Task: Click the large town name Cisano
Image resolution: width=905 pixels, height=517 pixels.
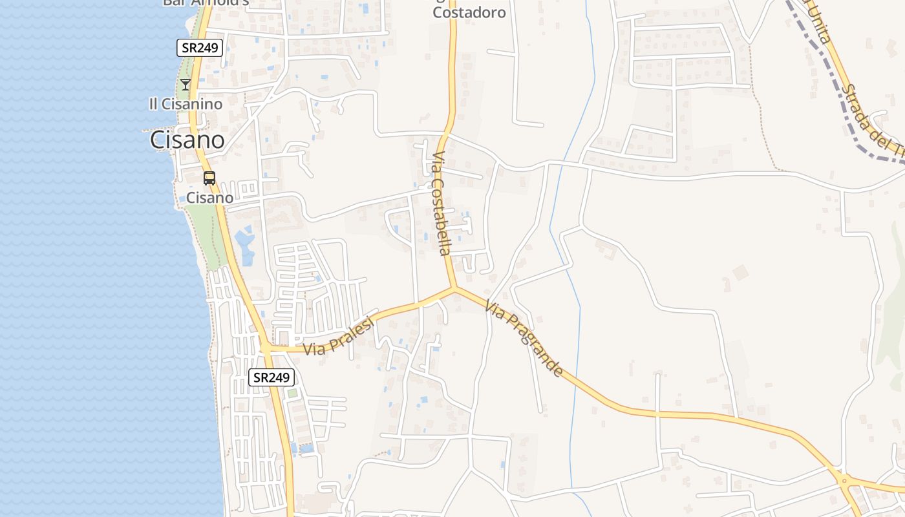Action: pyautogui.click(x=187, y=140)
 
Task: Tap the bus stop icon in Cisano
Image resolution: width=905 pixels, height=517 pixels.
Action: pyautogui.click(x=209, y=178)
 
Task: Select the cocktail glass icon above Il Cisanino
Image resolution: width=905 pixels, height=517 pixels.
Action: pyautogui.click(x=186, y=84)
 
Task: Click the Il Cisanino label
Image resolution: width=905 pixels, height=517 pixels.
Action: pyautogui.click(x=186, y=104)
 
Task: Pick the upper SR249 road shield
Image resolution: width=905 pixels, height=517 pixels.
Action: pyautogui.click(x=200, y=47)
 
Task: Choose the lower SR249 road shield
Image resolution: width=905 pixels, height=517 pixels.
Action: pyautogui.click(x=271, y=377)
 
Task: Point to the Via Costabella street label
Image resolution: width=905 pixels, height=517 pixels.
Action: pyautogui.click(x=442, y=204)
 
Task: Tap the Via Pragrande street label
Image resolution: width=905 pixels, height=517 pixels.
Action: pyautogui.click(x=524, y=340)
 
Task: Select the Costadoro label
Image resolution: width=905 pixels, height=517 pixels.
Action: pyautogui.click(x=469, y=12)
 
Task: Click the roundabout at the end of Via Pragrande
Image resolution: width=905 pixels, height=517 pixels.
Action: pyautogui.click(x=843, y=480)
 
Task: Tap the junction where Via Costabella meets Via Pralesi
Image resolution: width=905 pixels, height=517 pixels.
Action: pyautogui.click(x=454, y=288)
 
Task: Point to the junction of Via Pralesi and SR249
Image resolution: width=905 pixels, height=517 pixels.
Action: pyautogui.click(x=266, y=349)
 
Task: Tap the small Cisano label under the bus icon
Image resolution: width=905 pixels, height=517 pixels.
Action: pyautogui.click(x=209, y=198)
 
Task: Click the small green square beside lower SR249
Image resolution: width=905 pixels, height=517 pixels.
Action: pyautogui.click(x=292, y=392)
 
